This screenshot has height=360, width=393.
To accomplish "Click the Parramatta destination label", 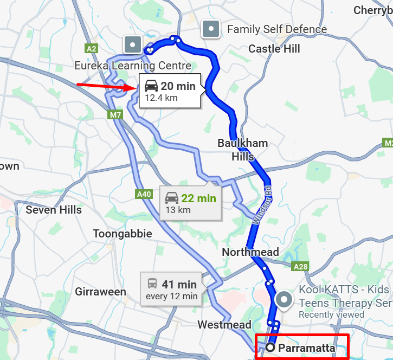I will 306,348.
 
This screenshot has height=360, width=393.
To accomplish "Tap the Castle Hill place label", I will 274,49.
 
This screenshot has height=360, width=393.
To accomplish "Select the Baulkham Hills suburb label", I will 242,150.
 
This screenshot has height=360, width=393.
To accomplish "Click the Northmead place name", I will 250,252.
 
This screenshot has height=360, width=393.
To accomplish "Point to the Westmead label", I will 224,325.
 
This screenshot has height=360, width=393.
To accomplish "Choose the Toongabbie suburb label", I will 122,234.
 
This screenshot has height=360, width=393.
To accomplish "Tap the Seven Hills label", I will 54,210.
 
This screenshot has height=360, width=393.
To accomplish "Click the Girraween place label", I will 100,292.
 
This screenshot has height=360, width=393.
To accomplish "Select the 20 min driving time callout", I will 170,91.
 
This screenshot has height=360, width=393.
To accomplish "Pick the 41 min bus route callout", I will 171,290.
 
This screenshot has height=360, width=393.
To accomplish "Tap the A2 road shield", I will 91,49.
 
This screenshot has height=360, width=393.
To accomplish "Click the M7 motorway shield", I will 115,115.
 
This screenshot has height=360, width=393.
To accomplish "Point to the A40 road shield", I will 144,194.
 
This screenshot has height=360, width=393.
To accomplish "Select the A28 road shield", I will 300,267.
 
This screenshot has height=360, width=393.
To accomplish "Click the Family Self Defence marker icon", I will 210,29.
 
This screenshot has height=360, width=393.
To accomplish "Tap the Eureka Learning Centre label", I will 133,66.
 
